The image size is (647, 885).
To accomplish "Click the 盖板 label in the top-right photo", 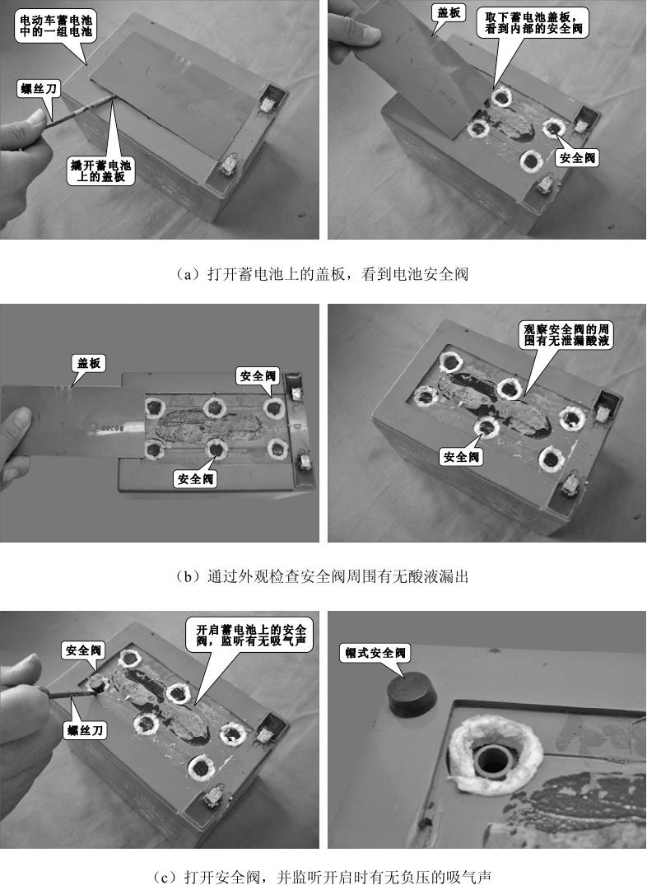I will pyautogui.click(x=448, y=14).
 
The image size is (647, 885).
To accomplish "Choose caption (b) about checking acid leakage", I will pyautogui.click(x=323, y=576).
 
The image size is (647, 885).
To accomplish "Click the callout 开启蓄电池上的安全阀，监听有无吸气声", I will pyautogui.click(x=249, y=635).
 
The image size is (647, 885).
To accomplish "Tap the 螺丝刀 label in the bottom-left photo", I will pyautogui.click(x=85, y=729).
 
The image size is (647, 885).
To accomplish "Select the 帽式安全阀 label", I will pyautogui.click(x=373, y=653).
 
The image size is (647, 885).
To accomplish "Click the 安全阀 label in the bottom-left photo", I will pyautogui.click(x=84, y=650).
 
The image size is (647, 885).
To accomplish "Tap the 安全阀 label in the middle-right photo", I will pyautogui.click(x=462, y=457).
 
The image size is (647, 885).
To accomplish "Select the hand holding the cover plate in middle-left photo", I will pyautogui.click(x=18, y=445).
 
